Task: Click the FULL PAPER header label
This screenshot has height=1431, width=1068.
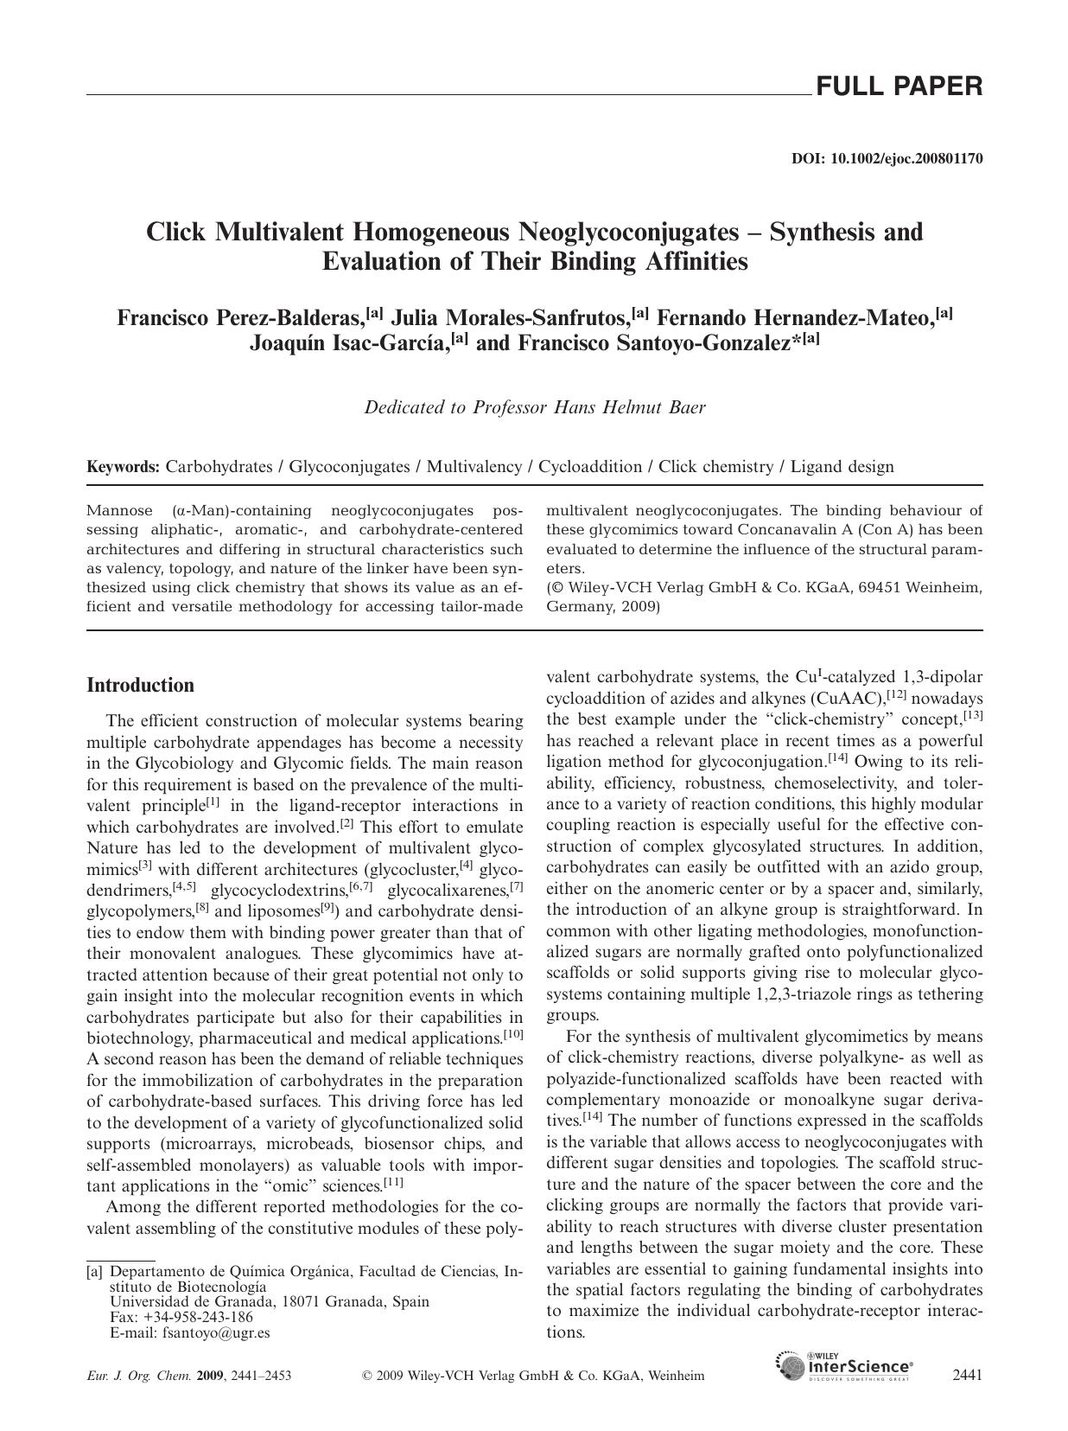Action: [x=899, y=86]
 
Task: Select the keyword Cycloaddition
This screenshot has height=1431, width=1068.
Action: [x=590, y=467]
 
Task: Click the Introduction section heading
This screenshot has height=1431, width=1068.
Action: [x=140, y=686]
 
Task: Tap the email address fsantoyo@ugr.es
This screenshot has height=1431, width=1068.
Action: [x=215, y=1332]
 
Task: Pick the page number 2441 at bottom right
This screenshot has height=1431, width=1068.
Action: [x=966, y=1375]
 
